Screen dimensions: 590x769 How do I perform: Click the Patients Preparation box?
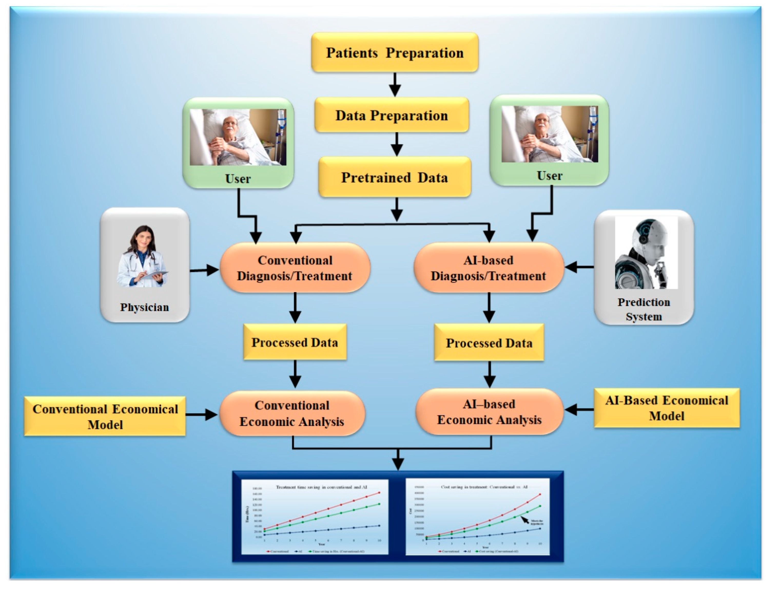tap(394, 53)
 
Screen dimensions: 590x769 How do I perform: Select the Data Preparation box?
tap(391, 115)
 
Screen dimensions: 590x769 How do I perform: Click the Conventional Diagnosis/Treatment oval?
tap(295, 268)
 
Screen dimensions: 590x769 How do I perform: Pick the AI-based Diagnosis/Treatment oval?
tap(489, 268)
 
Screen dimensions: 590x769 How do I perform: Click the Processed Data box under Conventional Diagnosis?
tap(295, 342)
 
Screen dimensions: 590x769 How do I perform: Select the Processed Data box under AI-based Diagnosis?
tap(489, 343)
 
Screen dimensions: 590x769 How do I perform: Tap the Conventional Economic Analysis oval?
tap(292, 413)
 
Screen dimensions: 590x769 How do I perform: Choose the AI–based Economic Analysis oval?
tap(489, 412)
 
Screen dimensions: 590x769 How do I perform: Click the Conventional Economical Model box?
tap(105, 416)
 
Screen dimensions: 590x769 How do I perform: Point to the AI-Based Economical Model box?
tap(667, 408)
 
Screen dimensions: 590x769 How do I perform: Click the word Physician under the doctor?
tap(144, 307)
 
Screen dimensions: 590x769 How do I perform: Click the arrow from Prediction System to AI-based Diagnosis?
tap(579, 267)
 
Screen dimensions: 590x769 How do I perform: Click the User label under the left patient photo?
tap(238, 179)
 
